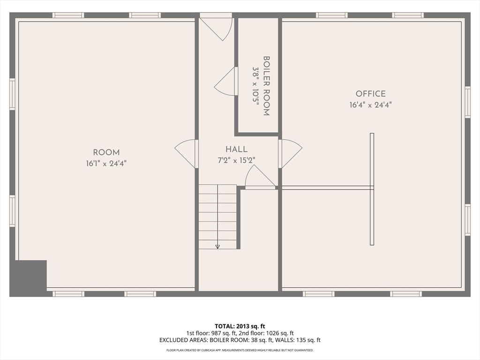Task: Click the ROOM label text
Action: coord(106,152)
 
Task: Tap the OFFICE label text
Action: coord(370,94)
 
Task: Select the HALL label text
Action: coord(236,150)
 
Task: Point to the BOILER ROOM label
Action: coord(266,86)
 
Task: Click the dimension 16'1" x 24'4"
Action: coord(106,164)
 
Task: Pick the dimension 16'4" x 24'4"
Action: coord(370,105)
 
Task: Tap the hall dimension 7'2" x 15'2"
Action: coord(236,160)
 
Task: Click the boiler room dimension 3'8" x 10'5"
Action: coord(255,86)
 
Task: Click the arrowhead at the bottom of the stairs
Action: coord(217,247)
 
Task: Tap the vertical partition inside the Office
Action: coord(372,189)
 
